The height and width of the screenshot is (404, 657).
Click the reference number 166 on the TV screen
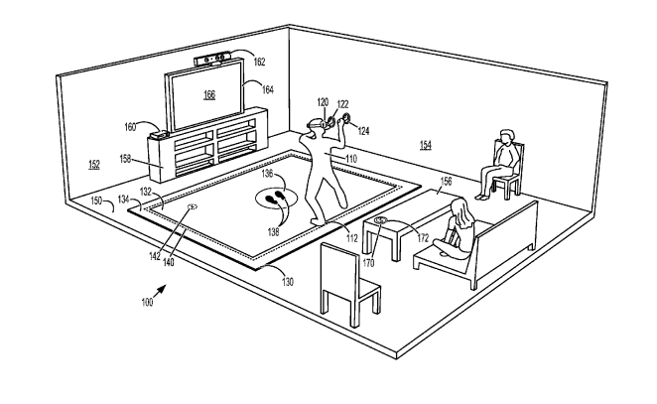208,95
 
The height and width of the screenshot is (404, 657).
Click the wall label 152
93,165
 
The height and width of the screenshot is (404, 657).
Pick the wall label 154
425,145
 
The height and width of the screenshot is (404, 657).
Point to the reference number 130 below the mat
287,281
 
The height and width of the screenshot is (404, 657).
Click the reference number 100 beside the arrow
148,302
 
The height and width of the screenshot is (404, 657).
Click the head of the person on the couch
459,207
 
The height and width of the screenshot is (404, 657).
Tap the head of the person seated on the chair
507,137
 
